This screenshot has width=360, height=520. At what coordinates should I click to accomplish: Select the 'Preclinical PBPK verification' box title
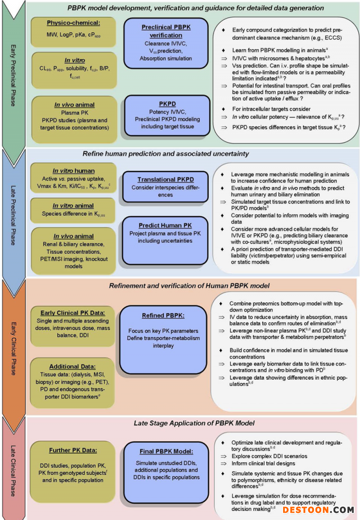tap(166, 31)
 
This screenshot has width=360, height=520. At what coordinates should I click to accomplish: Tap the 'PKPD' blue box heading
tap(166, 104)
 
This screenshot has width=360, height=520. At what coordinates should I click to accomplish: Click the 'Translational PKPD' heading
tap(166, 179)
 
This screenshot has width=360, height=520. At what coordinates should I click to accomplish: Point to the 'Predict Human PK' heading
tap(166, 225)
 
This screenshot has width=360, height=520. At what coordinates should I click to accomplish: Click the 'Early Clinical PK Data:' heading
tap(72, 313)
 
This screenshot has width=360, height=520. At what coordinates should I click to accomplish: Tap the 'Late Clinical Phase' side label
tap(13, 468)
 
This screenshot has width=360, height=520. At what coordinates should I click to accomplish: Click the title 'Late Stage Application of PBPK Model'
tap(194, 423)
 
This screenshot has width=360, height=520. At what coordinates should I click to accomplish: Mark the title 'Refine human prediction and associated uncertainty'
tap(166, 154)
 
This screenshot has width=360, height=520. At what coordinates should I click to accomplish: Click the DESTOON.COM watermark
tap(318, 510)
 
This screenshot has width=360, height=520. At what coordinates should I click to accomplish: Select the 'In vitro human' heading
tap(73, 171)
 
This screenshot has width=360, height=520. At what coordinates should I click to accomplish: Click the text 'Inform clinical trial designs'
tap(263, 463)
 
